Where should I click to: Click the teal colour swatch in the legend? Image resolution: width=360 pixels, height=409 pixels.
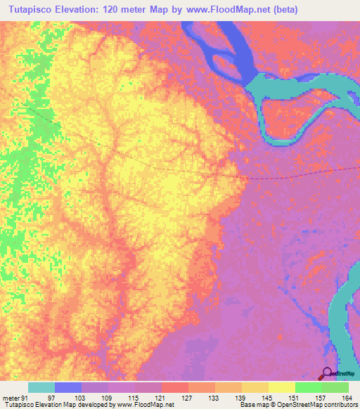41,387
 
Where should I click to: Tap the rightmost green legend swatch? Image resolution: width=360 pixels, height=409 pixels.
335,387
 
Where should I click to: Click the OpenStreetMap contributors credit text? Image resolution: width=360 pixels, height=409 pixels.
323,405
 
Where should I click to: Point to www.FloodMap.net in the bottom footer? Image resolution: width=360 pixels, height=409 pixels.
143,405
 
